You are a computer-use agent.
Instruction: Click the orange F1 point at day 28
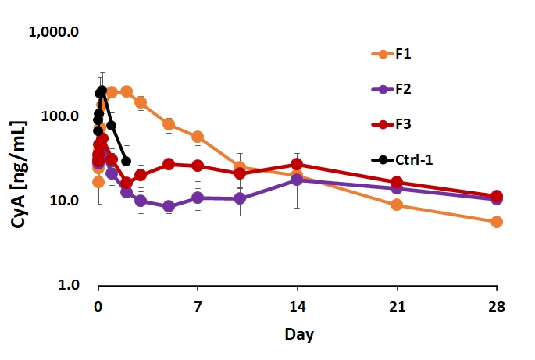[x=497, y=222]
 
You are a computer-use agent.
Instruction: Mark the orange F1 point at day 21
[x=397, y=205]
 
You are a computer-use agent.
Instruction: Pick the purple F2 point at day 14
[x=297, y=180]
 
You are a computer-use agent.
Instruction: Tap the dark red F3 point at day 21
[x=397, y=182]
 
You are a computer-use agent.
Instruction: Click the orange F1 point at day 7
[x=198, y=137]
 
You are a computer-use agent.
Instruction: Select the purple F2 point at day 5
[x=169, y=206]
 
